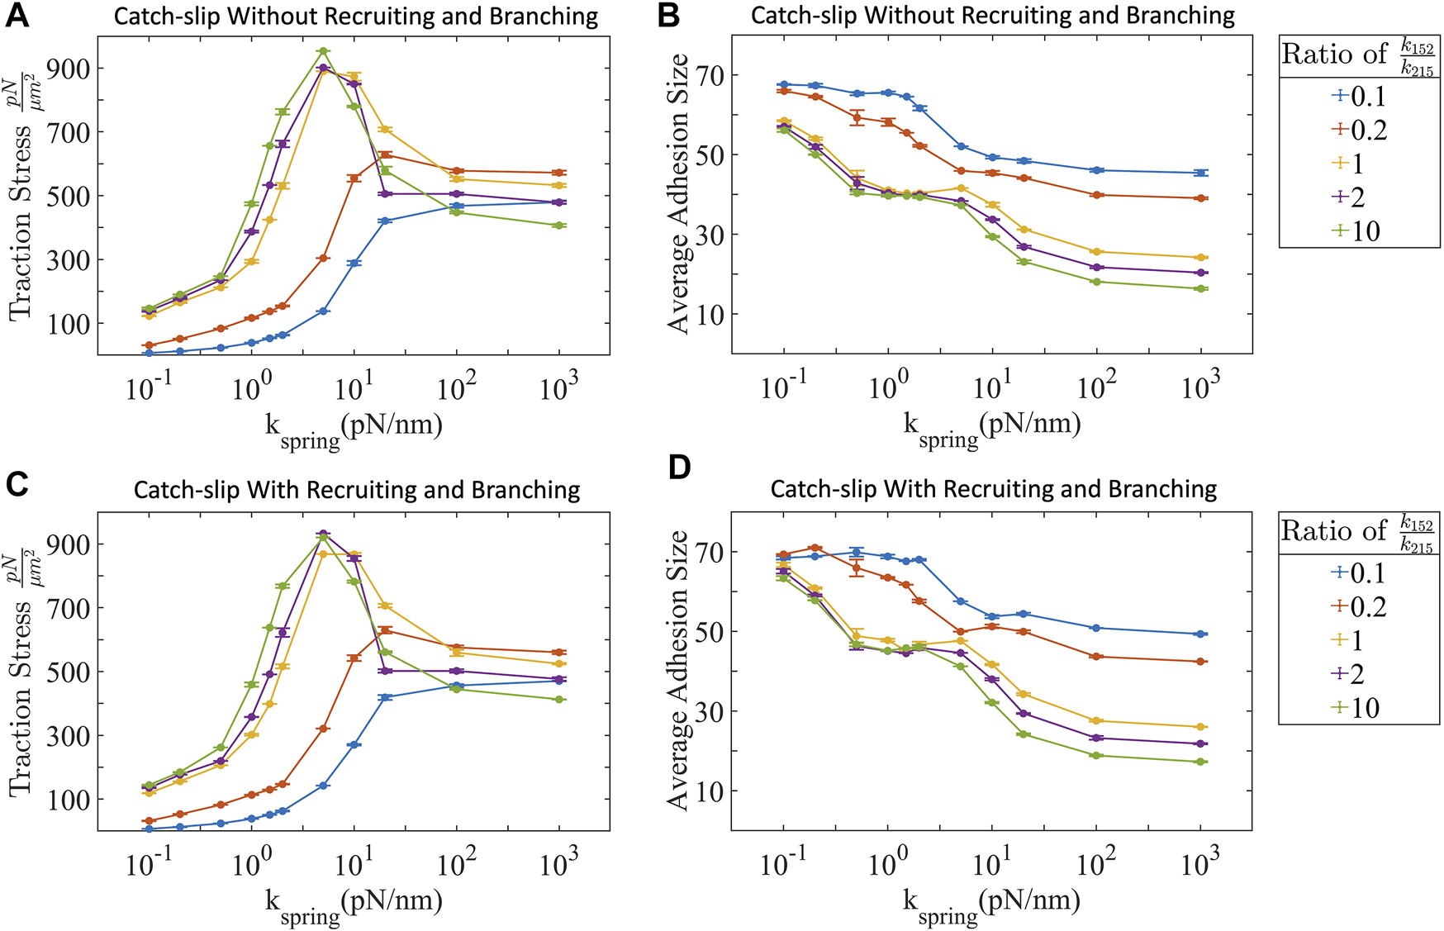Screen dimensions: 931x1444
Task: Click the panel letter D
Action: [678, 468]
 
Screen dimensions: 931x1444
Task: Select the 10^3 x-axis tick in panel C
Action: [559, 864]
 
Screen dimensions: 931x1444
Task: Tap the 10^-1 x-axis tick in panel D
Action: [783, 864]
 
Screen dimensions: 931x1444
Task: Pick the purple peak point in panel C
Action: [323, 534]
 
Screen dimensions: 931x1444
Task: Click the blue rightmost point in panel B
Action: [1201, 173]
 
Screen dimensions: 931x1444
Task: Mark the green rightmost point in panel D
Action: [1201, 762]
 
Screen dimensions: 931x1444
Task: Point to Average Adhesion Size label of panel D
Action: [677, 670]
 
